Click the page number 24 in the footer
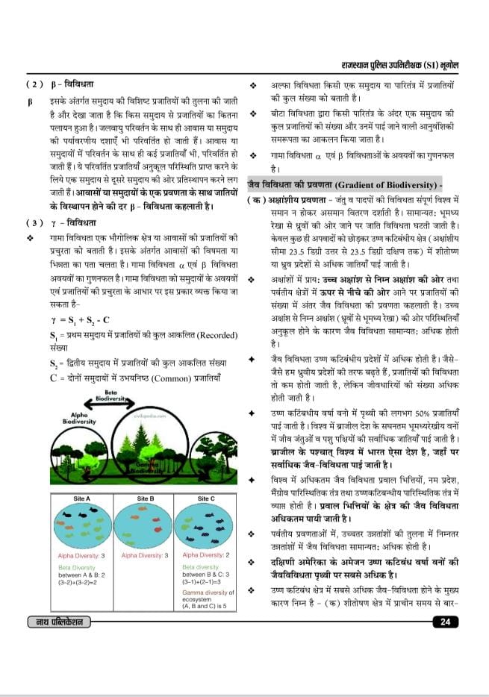coord(444,622)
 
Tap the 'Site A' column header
coord(82,498)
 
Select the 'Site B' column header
coord(146,498)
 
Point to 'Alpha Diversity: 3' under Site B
coord(145,556)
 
